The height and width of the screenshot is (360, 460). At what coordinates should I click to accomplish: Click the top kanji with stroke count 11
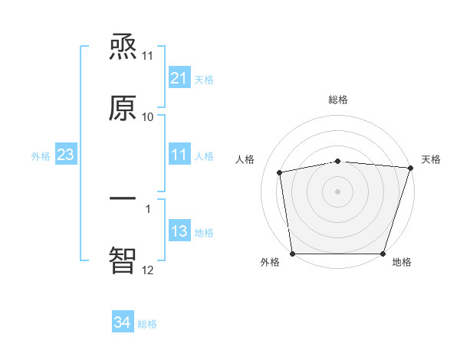pos(123,48)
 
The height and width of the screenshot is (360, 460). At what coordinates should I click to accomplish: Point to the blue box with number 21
pos(179,78)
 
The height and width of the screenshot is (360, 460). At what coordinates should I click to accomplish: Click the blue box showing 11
pos(179,155)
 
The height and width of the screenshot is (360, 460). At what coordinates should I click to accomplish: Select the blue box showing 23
pos(65,155)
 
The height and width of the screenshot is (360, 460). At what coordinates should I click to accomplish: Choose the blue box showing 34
pos(122,322)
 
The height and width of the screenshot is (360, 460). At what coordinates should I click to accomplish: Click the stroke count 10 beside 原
pos(148,117)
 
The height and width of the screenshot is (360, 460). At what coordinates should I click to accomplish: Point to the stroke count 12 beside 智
pos(148,270)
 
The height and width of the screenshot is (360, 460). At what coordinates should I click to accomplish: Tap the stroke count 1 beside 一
pos(148,208)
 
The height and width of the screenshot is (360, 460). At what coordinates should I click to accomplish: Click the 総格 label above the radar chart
pos(338,100)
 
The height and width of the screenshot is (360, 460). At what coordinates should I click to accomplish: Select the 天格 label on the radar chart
pos(432,159)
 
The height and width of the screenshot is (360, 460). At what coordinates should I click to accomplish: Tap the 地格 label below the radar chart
pos(402,262)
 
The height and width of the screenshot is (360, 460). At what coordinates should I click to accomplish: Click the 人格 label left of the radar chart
pos(245,159)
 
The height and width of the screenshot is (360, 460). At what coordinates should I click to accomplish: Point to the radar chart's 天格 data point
pos(410,168)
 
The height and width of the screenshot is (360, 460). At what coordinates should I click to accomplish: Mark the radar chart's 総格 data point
pos(338,161)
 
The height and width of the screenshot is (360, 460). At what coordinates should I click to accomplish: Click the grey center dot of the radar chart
pos(338,191)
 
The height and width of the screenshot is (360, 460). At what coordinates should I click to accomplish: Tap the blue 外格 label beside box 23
pos(41,156)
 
